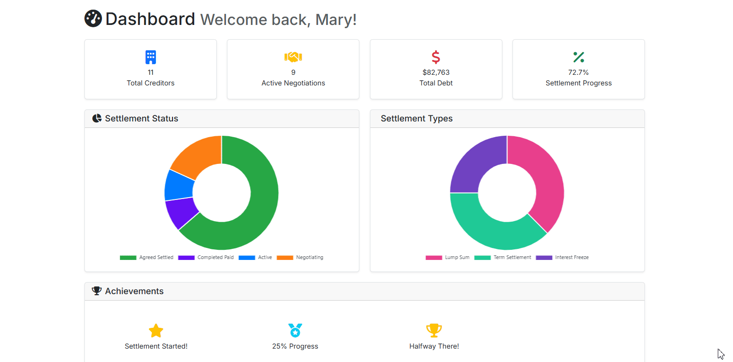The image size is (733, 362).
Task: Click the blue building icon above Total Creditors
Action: [150, 57]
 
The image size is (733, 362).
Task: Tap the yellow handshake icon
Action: [293, 57]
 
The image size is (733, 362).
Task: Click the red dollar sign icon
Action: [436, 57]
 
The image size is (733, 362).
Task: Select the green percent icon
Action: [578, 57]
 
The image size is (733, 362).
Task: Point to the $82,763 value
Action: [436, 72]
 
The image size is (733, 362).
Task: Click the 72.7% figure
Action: [578, 72]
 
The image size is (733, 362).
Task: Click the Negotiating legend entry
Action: [300, 258]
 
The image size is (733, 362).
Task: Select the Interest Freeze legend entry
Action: [562, 258]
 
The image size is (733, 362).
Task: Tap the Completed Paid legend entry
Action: [206, 258]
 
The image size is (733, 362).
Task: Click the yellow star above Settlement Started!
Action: [156, 331]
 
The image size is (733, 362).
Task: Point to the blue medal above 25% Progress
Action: [295, 331]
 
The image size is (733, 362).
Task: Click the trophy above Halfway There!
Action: [434, 331]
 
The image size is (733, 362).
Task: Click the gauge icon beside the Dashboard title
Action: [93, 18]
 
